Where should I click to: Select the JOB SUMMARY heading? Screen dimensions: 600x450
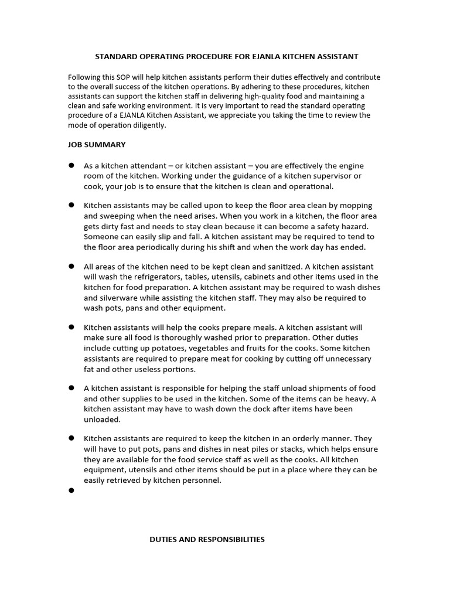pyautogui.click(x=97, y=144)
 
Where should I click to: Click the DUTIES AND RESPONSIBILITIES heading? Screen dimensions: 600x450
pyautogui.click(x=207, y=539)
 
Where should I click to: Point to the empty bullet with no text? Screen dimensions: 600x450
pyautogui.click(x=71, y=490)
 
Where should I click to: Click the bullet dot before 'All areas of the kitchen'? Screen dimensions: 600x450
pyautogui.click(x=71, y=266)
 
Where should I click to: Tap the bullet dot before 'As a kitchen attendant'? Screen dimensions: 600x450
pyautogui.click(x=71, y=166)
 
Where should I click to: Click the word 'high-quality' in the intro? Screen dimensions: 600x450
pyautogui.click(x=251, y=97)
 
